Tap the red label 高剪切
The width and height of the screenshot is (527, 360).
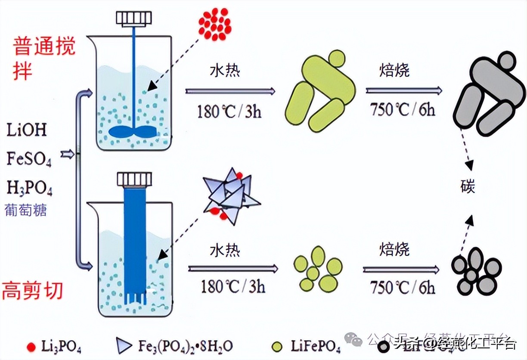pyautogui.click(x=33, y=291)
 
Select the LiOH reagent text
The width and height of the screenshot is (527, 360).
pyautogui.click(x=27, y=130)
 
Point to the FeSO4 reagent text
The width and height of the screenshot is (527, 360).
pyautogui.click(x=29, y=159)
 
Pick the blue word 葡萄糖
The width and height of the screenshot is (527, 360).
pyautogui.click(x=25, y=210)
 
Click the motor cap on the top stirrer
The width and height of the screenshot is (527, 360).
pyautogui.click(x=134, y=18)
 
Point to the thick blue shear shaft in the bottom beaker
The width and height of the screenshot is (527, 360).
pyautogui.click(x=135, y=241)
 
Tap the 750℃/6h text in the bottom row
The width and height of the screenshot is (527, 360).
pyautogui.click(x=403, y=287)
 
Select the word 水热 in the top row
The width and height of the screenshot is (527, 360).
pyautogui.click(x=225, y=71)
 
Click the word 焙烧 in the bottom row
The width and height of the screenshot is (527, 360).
pyautogui.click(x=394, y=250)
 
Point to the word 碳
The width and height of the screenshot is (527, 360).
pyautogui.click(x=468, y=186)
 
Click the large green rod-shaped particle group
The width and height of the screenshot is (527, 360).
pyautogui.click(x=322, y=91)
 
